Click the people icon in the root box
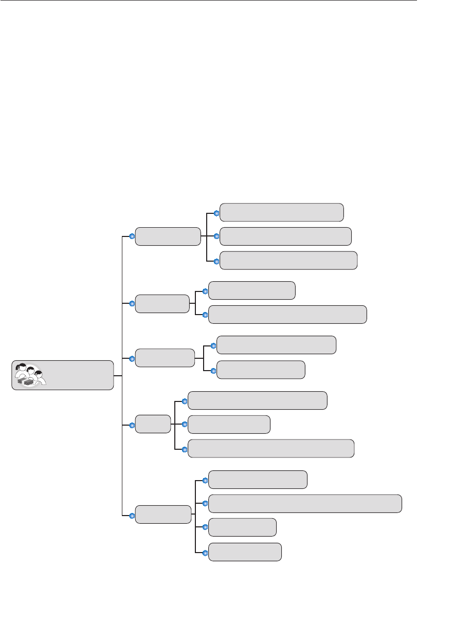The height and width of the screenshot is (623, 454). tap(30, 375)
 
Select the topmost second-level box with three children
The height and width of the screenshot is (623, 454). tap(168, 236)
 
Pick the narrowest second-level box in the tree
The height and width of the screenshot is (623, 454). tap(153, 424)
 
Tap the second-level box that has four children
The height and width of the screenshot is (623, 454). tap(162, 515)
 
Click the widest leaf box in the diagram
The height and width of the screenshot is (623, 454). tap(305, 504)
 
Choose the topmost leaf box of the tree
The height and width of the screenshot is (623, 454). tap(281, 212)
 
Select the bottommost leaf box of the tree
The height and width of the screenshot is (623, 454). tap(245, 552)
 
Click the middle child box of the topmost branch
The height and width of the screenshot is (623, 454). tap(285, 236)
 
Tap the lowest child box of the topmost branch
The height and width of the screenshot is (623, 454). tap(288, 261)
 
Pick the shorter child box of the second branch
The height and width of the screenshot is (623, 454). tap(251, 290)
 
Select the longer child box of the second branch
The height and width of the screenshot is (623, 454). tap(287, 315)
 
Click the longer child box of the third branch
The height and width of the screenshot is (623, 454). tap(276, 345)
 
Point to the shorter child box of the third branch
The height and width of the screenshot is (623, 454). tap(261, 370)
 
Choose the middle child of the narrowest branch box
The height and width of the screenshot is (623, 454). tap(229, 425)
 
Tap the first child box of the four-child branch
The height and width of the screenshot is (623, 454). tap(258, 480)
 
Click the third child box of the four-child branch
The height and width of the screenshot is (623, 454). tap(242, 527)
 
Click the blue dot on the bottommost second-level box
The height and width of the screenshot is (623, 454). tap(132, 515)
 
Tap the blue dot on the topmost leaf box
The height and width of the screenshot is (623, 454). tap(216, 213)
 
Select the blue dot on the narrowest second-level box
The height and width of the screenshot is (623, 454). tap(132, 425)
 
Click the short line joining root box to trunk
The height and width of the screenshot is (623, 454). tap(117, 376)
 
